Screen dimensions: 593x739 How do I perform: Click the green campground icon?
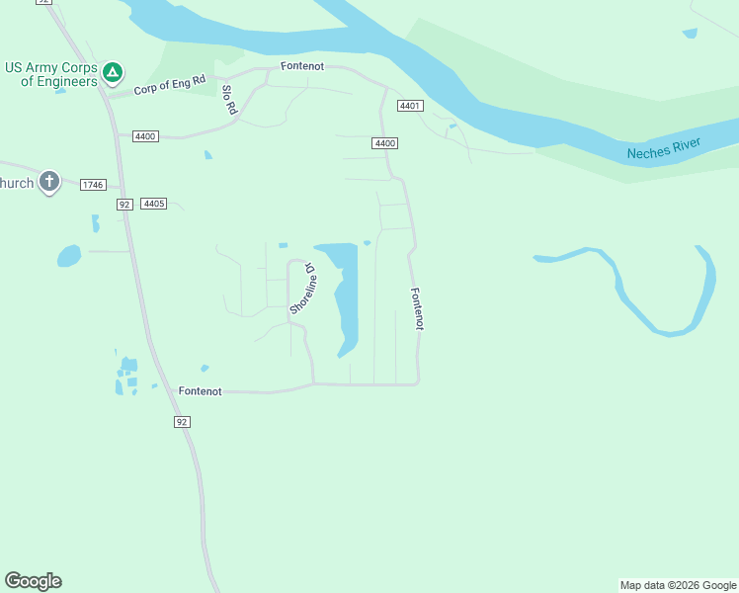(x=114, y=72)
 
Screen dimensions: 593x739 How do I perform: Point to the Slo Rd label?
(x=229, y=100)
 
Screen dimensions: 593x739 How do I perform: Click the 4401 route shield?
(x=411, y=106)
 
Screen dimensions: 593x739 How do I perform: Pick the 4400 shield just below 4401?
(x=385, y=143)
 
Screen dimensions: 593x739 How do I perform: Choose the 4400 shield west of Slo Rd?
(x=145, y=136)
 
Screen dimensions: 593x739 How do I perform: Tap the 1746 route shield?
(x=93, y=185)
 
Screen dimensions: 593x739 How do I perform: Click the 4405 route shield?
(x=153, y=204)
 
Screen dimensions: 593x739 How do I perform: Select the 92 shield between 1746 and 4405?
(x=123, y=205)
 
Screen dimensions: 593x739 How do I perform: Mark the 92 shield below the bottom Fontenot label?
(x=182, y=422)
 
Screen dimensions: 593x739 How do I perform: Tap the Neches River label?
(x=664, y=149)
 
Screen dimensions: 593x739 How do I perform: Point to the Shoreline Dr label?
(x=302, y=289)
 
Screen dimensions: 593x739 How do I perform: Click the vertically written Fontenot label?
(x=417, y=308)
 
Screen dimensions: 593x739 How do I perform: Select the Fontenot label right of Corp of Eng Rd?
(x=302, y=66)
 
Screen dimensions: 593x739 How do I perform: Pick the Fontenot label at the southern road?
(x=201, y=391)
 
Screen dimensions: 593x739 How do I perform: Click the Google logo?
(x=33, y=581)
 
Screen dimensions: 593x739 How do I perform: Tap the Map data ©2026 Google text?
(x=678, y=585)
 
